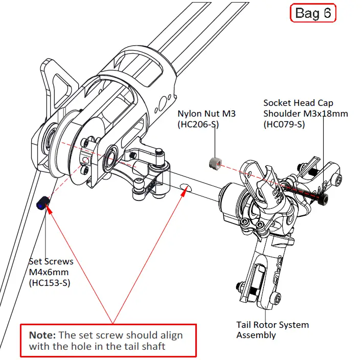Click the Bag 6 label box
[313, 13]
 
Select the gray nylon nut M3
[215, 163]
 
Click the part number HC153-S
[50, 282]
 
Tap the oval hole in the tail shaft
[186, 189]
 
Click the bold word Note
[42, 335]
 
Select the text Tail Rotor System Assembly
[272, 330]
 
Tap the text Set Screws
[51, 261]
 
